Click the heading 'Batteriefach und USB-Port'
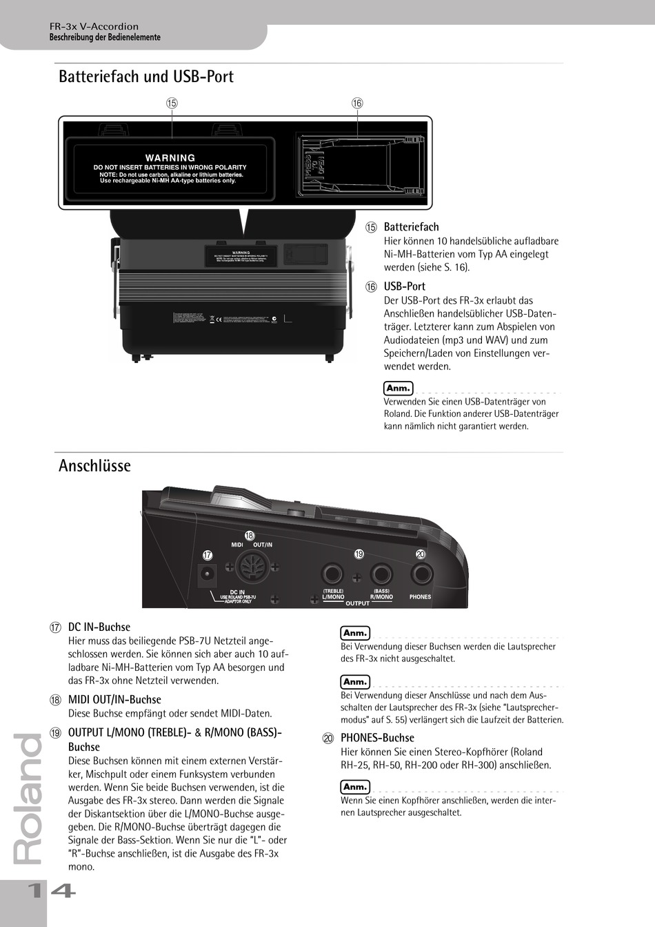click(x=146, y=76)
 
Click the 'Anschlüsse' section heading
click(x=94, y=466)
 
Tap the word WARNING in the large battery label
click(x=170, y=158)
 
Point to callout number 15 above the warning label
click(x=172, y=103)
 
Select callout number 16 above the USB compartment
click(x=357, y=103)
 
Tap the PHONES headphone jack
click(x=421, y=574)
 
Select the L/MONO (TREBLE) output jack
click(x=332, y=574)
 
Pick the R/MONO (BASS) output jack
click(x=381, y=574)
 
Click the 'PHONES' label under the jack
click(x=420, y=597)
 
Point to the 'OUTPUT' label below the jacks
click(x=357, y=603)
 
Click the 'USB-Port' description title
click(x=404, y=286)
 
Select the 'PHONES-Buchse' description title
click(x=377, y=737)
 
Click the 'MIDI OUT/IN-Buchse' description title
click(x=114, y=699)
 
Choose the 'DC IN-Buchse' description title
click(x=99, y=627)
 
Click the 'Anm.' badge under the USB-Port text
click(x=398, y=388)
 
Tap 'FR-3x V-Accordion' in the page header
click(x=94, y=27)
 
